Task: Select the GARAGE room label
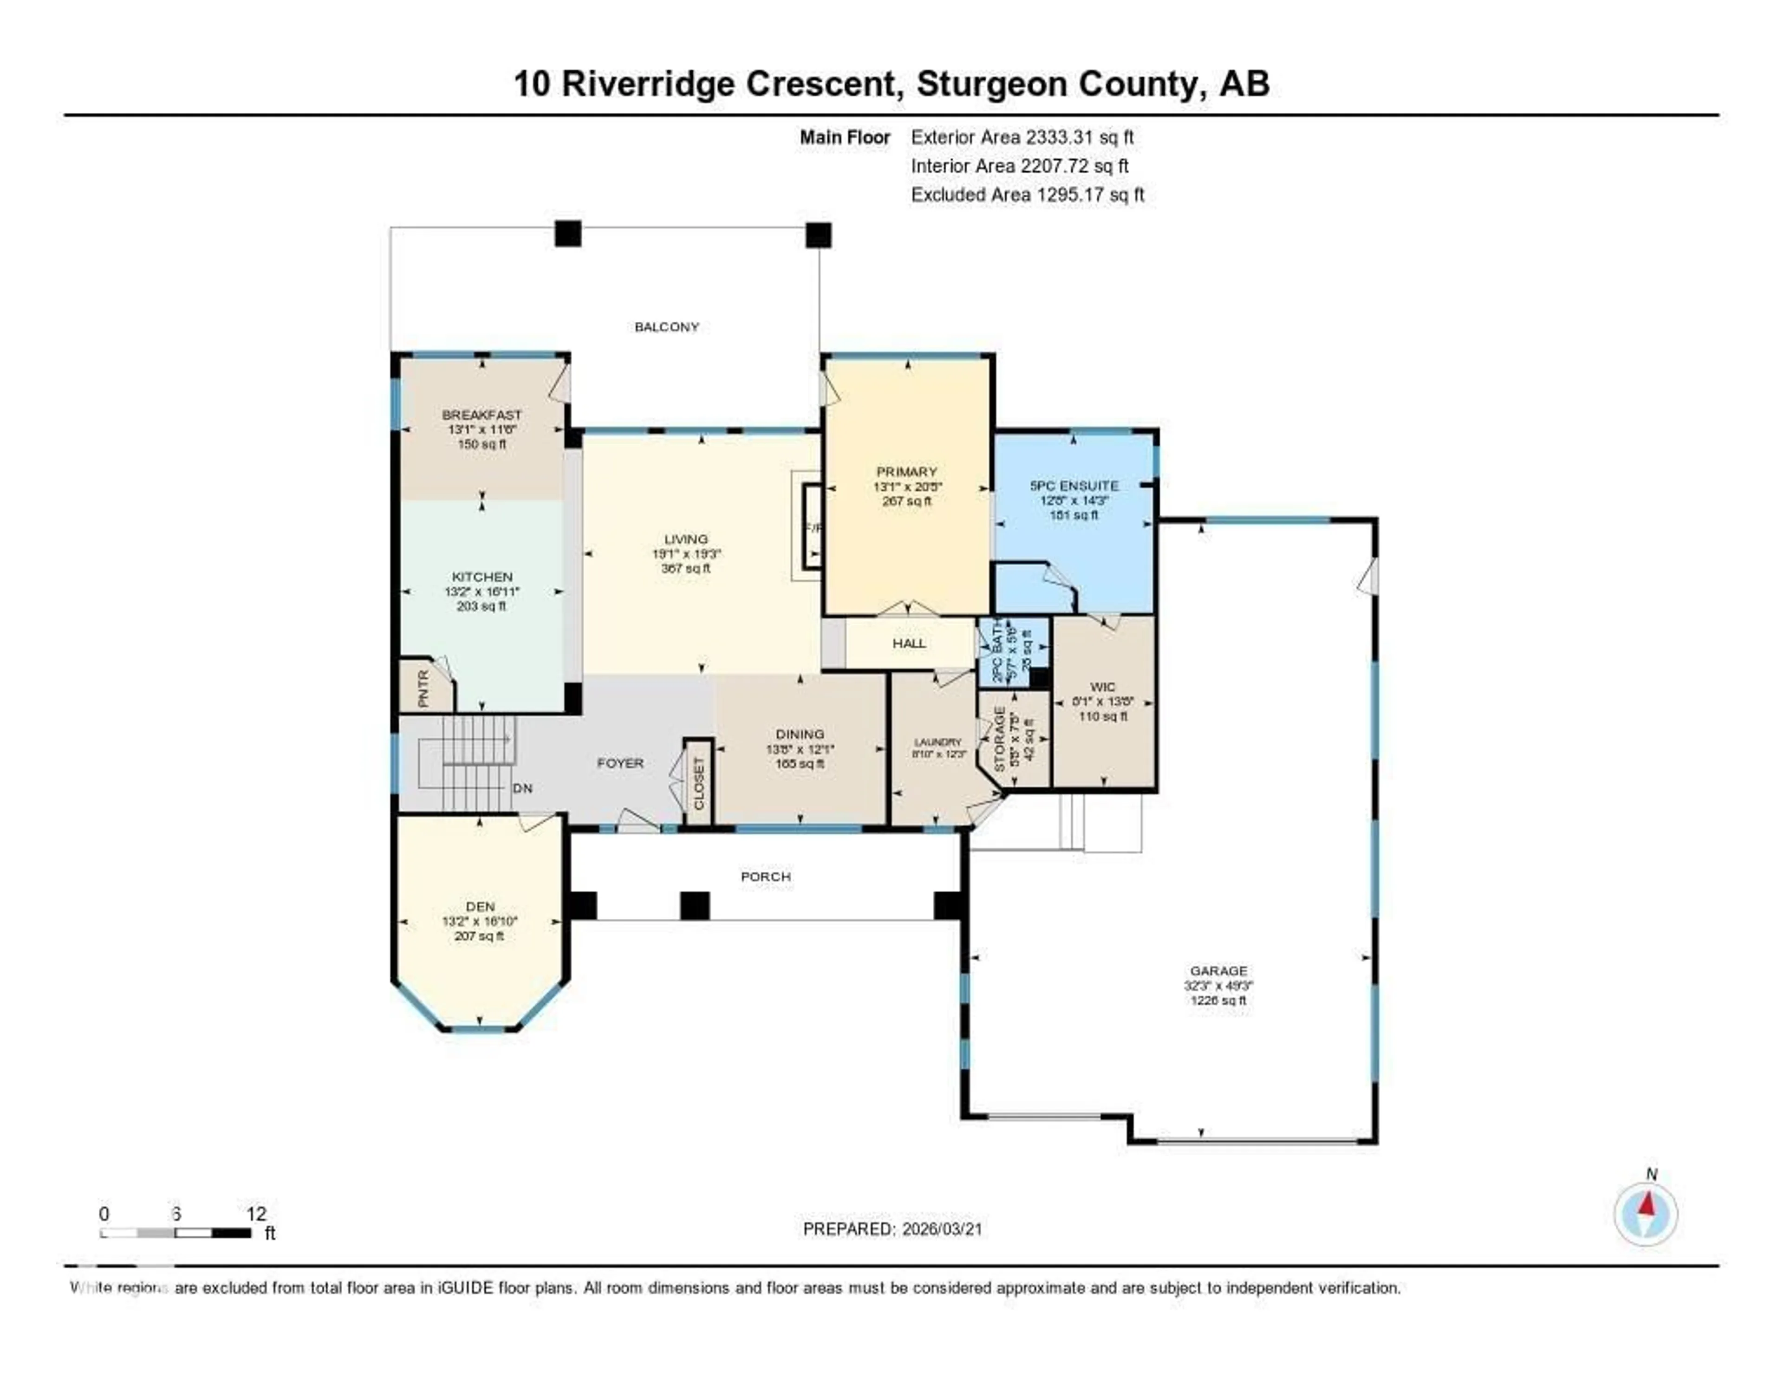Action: pos(1218,970)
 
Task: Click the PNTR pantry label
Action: pos(423,688)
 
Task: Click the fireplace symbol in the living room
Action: pos(812,526)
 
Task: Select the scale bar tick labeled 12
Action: pos(255,1214)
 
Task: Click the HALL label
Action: pos(909,643)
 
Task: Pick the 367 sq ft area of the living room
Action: pos(686,568)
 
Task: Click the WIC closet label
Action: pos(1102,687)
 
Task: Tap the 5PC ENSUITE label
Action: pos(1074,486)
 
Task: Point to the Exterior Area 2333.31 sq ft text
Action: pos(1022,137)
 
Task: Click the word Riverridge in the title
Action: pos(649,84)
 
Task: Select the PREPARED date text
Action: pos(892,1228)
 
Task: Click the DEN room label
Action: pos(480,906)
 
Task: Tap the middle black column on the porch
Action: pos(695,905)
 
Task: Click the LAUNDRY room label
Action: pos(938,742)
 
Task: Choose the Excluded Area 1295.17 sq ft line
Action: pos(1027,194)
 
